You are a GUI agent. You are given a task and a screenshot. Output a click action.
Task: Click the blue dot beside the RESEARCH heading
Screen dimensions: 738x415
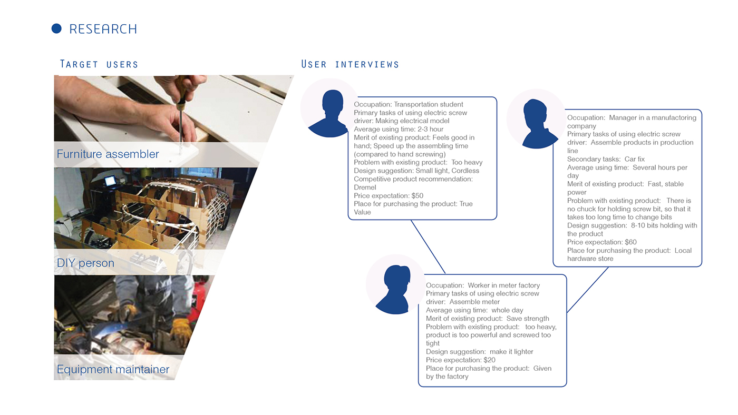[56, 28]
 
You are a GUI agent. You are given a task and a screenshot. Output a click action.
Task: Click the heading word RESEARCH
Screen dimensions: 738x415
[103, 29]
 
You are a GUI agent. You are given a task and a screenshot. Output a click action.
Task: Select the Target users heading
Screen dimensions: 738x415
[99, 64]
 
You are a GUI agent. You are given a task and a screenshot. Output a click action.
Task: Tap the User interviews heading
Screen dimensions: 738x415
[350, 64]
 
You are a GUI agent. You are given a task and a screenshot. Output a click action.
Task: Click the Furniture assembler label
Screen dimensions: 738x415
[108, 154]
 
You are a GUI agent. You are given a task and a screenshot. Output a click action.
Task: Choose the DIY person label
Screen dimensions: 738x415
[85, 263]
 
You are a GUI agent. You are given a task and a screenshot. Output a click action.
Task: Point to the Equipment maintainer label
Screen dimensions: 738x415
[113, 370]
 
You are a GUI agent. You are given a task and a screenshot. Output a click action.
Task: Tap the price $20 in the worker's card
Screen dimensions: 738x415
[489, 360]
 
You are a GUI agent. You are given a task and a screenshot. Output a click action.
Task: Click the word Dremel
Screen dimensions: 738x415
[365, 187]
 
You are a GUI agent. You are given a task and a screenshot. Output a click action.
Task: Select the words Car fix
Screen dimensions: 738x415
[634, 159]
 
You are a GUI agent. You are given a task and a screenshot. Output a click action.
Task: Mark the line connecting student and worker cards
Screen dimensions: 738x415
[428, 246]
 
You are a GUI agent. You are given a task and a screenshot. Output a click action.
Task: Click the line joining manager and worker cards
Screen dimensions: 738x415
[587, 290]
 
